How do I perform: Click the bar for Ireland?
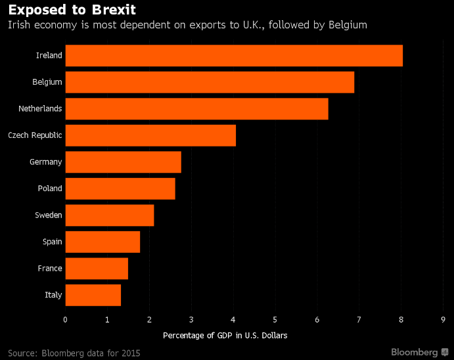click(x=234, y=55)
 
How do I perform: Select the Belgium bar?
click(x=210, y=82)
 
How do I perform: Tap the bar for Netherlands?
click(x=196, y=108)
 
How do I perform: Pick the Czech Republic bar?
click(x=150, y=135)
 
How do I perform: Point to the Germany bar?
click(x=123, y=162)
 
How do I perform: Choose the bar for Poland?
click(x=120, y=189)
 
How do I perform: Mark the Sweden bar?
click(x=110, y=215)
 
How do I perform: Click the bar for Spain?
click(x=102, y=242)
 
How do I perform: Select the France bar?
click(x=97, y=268)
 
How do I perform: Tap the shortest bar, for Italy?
click(x=93, y=295)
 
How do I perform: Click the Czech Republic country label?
click(x=35, y=135)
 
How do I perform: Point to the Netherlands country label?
click(x=40, y=108)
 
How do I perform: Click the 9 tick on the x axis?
click(x=443, y=319)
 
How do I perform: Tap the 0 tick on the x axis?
click(x=65, y=319)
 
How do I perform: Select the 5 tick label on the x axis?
click(x=275, y=319)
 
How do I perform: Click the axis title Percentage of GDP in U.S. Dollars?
click(x=225, y=335)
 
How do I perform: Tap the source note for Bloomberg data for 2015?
click(x=74, y=353)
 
